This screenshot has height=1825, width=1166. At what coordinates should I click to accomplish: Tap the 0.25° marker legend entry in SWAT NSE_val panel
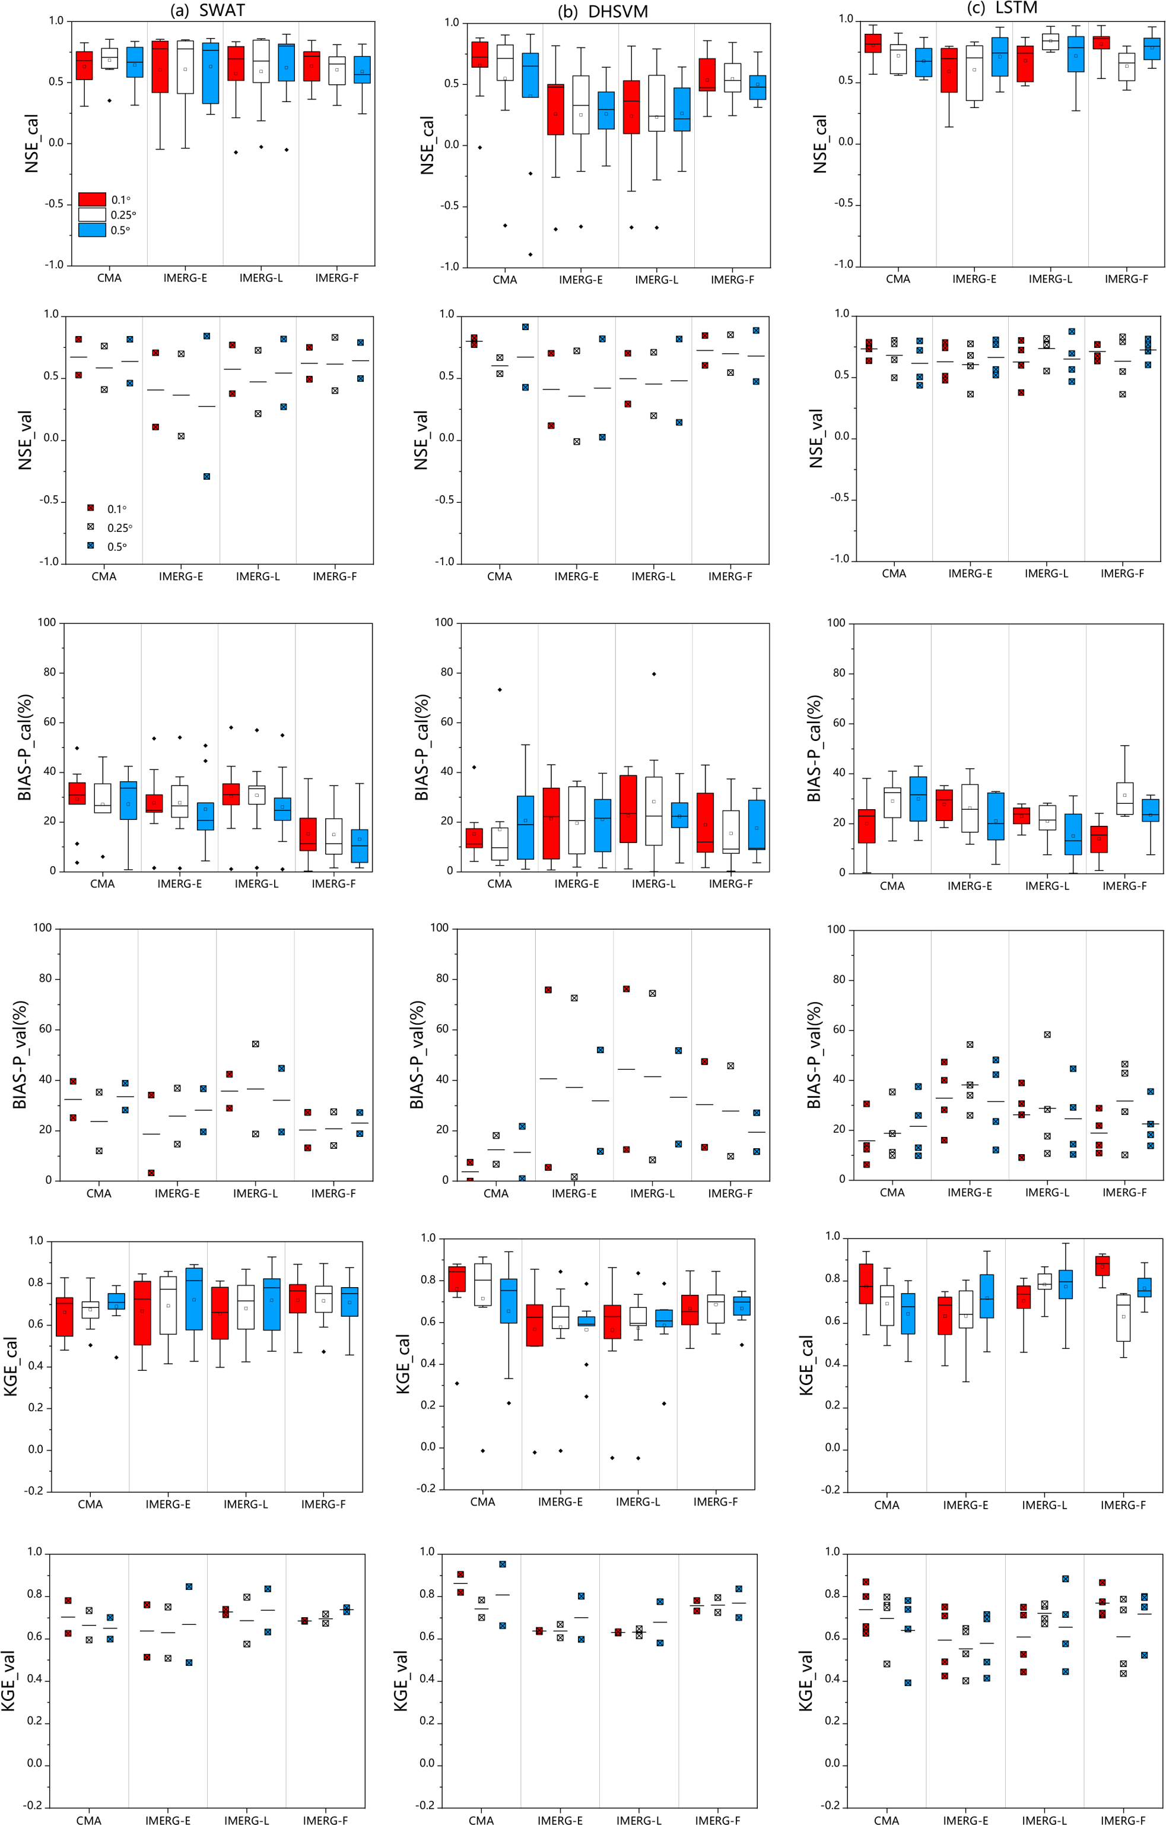(91, 527)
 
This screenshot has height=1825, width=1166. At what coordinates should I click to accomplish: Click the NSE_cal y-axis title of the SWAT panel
(32, 144)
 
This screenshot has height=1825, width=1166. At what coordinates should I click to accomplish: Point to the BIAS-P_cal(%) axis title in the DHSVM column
(422, 746)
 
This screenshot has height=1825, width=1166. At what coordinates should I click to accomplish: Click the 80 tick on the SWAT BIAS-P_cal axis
(47, 672)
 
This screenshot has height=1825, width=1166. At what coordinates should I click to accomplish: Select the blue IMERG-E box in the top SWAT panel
(210, 73)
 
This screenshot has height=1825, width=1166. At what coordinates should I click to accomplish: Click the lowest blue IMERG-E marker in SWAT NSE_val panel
(206, 476)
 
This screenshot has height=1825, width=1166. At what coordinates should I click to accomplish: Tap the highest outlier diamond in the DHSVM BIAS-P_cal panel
(654, 674)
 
